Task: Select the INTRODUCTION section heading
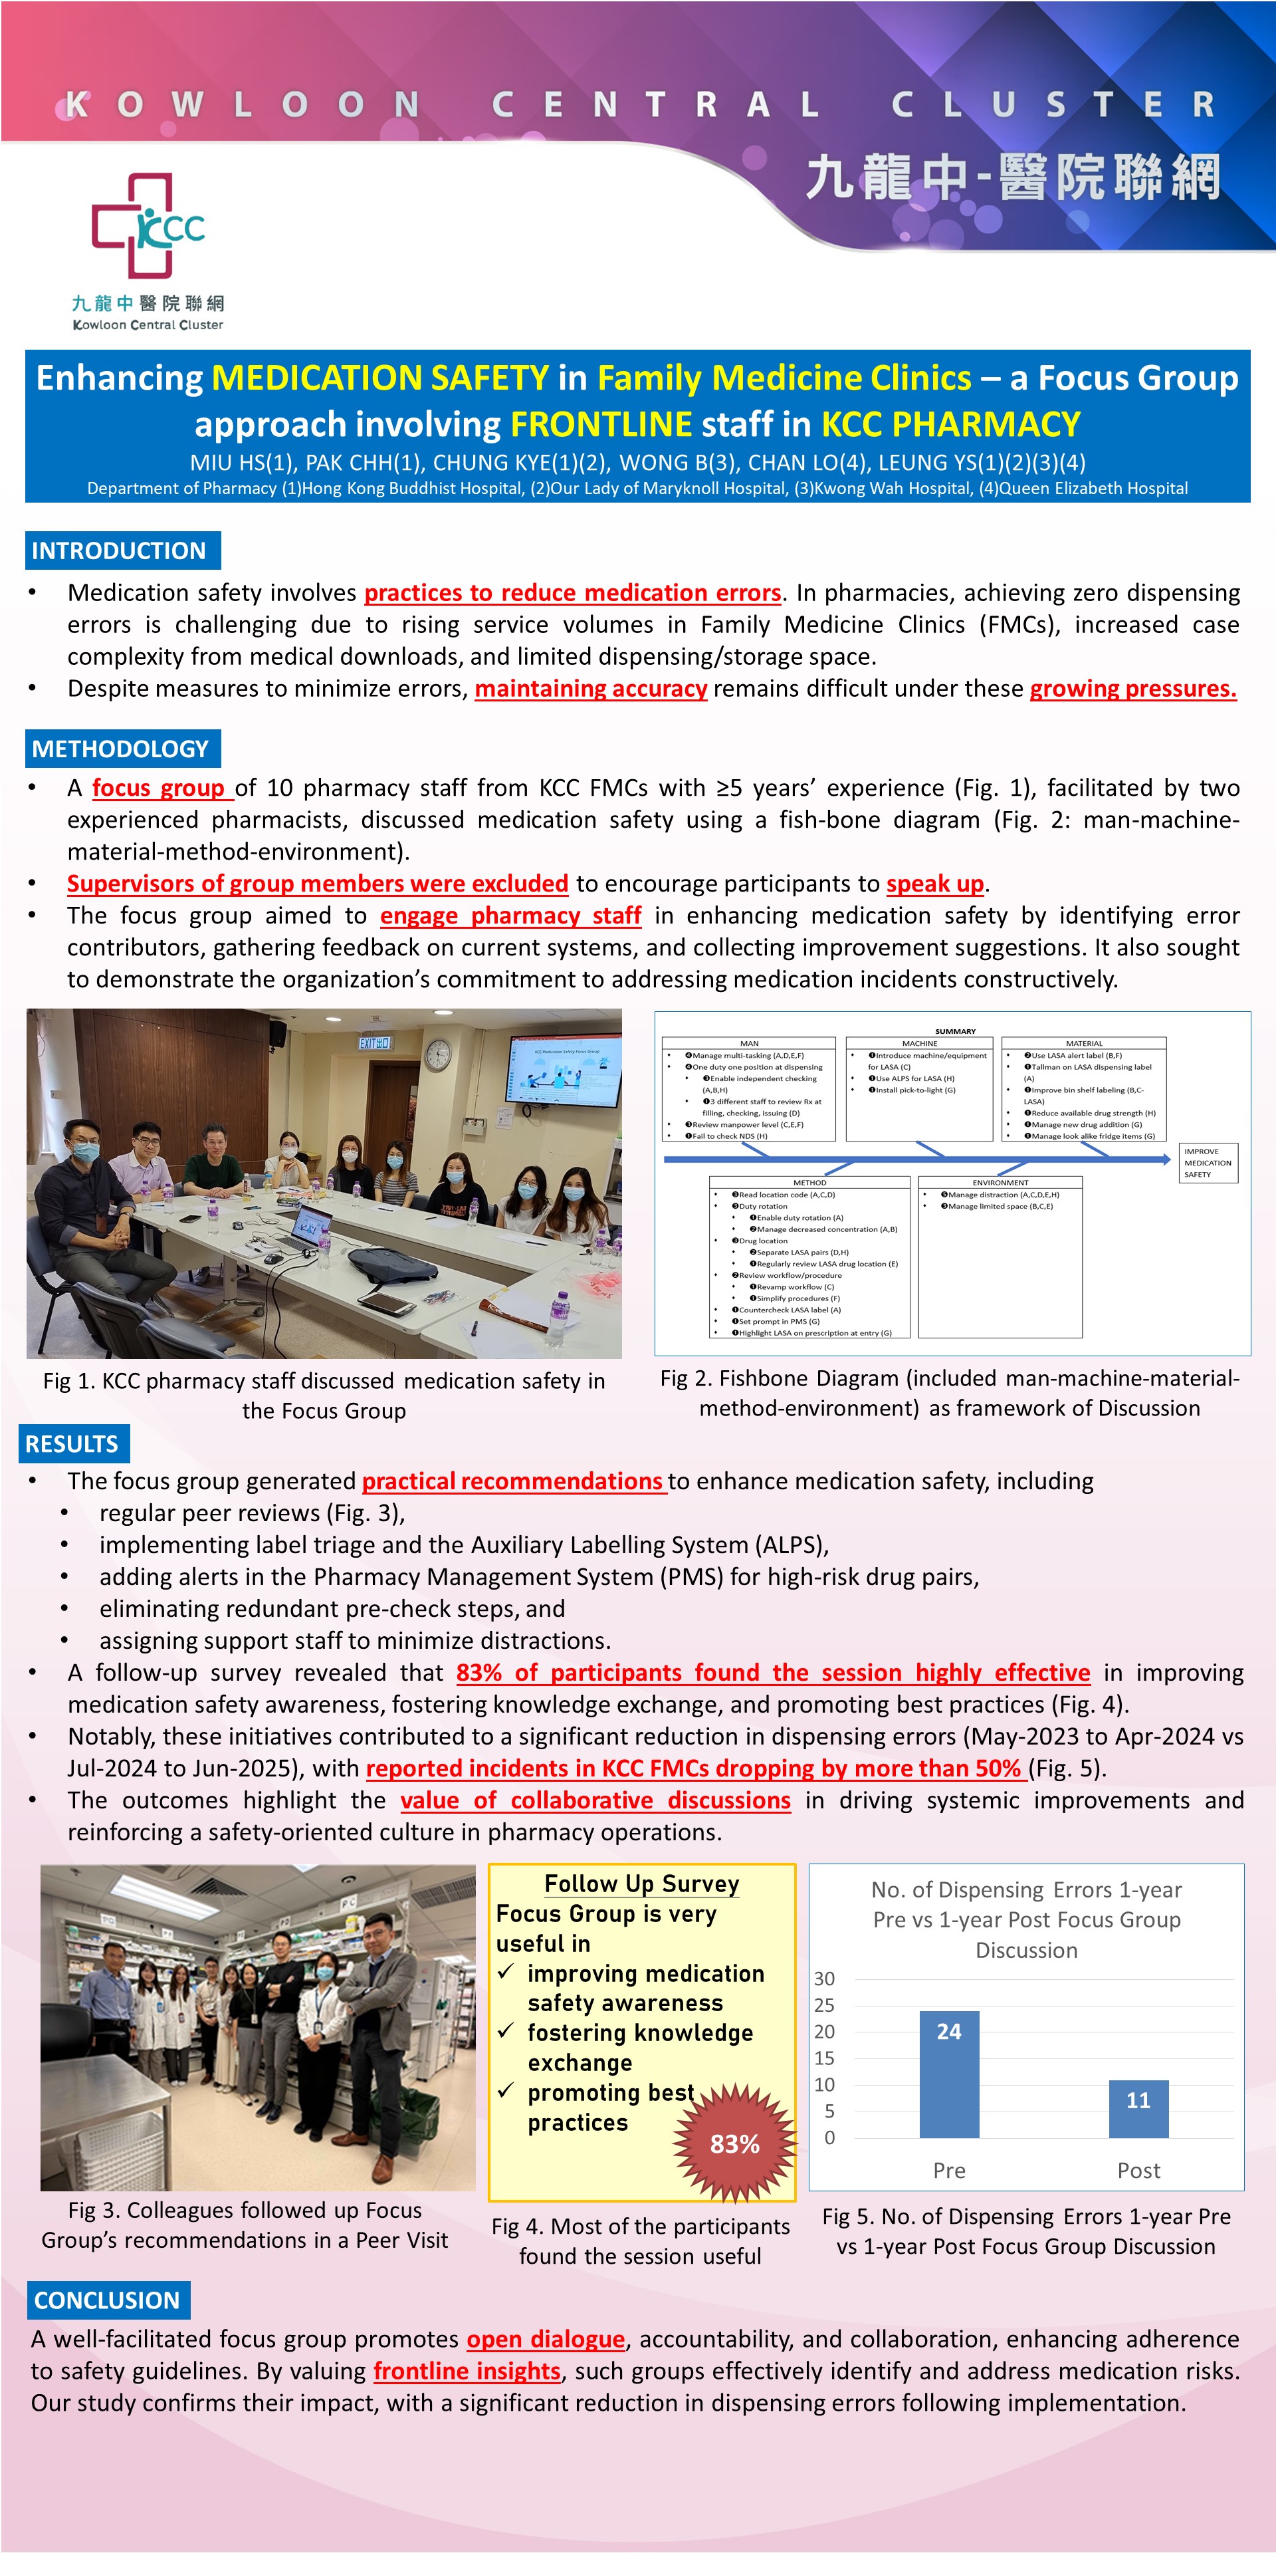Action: tap(120, 551)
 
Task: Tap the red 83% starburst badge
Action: tap(734, 2143)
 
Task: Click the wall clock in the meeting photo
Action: tap(436, 1054)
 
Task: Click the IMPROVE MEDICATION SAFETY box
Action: tap(1208, 1163)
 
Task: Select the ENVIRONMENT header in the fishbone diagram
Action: tap(1000, 1182)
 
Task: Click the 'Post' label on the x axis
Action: tap(1138, 2171)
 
